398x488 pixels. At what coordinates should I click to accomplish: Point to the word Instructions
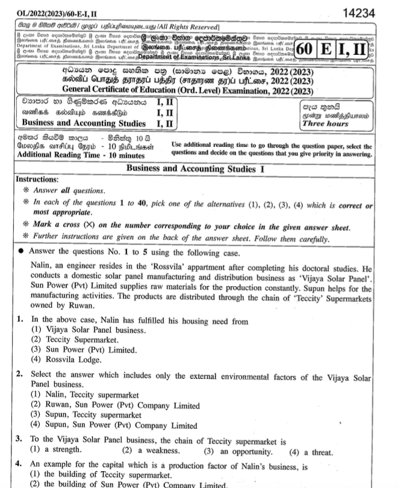(x=37, y=180)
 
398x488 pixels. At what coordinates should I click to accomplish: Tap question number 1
(x=19, y=319)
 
